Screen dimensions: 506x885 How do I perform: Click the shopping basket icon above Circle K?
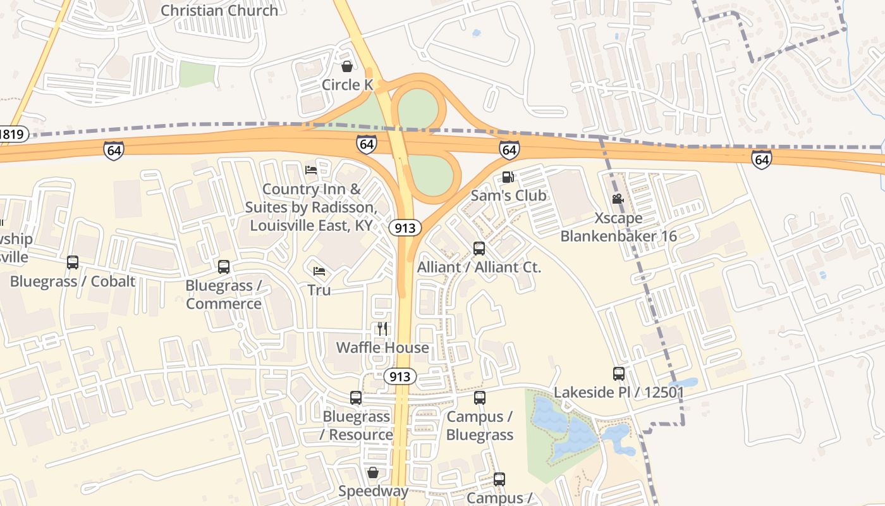click(347, 66)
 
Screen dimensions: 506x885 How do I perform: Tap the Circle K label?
click(348, 85)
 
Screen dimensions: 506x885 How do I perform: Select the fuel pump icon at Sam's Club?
click(508, 177)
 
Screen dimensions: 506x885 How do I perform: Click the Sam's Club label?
click(508, 195)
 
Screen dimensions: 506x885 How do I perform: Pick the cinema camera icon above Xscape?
click(618, 199)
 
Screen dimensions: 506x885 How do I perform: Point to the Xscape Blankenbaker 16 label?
click(618, 227)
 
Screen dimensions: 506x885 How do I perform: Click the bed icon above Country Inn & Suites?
click(311, 170)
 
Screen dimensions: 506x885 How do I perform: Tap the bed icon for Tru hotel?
click(319, 271)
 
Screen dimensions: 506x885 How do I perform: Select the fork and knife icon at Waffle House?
click(382, 328)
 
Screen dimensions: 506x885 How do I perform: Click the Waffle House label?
click(382, 347)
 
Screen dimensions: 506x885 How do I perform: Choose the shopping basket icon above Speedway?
click(373, 472)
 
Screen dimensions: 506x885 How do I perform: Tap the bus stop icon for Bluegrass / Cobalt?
click(73, 262)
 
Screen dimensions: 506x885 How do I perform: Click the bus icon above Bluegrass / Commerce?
click(224, 267)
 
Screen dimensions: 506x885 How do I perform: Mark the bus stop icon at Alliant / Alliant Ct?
click(479, 249)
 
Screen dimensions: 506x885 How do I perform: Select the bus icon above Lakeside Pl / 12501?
click(619, 374)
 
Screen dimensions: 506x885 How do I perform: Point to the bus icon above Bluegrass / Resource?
click(356, 398)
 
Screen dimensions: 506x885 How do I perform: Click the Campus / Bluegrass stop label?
click(480, 426)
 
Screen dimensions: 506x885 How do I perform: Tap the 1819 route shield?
click(12, 134)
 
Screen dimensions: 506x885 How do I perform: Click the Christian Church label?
click(219, 10)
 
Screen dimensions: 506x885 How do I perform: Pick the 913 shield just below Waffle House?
click(400, 377)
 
